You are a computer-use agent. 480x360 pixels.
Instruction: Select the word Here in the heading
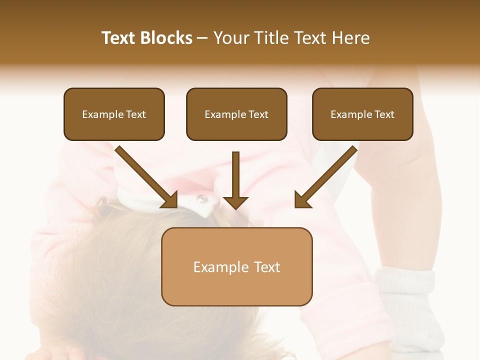[x=350, y=38]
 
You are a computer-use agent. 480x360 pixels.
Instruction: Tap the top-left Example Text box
[x=114, y=114]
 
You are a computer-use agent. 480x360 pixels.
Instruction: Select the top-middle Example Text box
[x=236, y=114]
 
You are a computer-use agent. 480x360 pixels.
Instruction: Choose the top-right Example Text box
[x=362, y=114]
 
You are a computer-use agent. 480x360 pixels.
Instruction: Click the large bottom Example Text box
[x=236, y=267]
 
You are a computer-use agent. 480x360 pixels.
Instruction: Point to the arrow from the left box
[x=146, y=177]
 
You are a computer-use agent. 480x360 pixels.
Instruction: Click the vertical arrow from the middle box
[x=235, y=177]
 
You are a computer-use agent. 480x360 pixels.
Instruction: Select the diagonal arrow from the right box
[x=326, y=177]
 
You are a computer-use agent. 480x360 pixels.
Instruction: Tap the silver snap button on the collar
[x=201, y=199]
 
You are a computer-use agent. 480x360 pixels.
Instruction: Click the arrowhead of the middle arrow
[x=235, y=202]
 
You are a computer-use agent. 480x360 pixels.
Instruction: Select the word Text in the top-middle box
[x=258, y=114]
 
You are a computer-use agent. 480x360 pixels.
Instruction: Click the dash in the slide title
[x=202, y=38]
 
